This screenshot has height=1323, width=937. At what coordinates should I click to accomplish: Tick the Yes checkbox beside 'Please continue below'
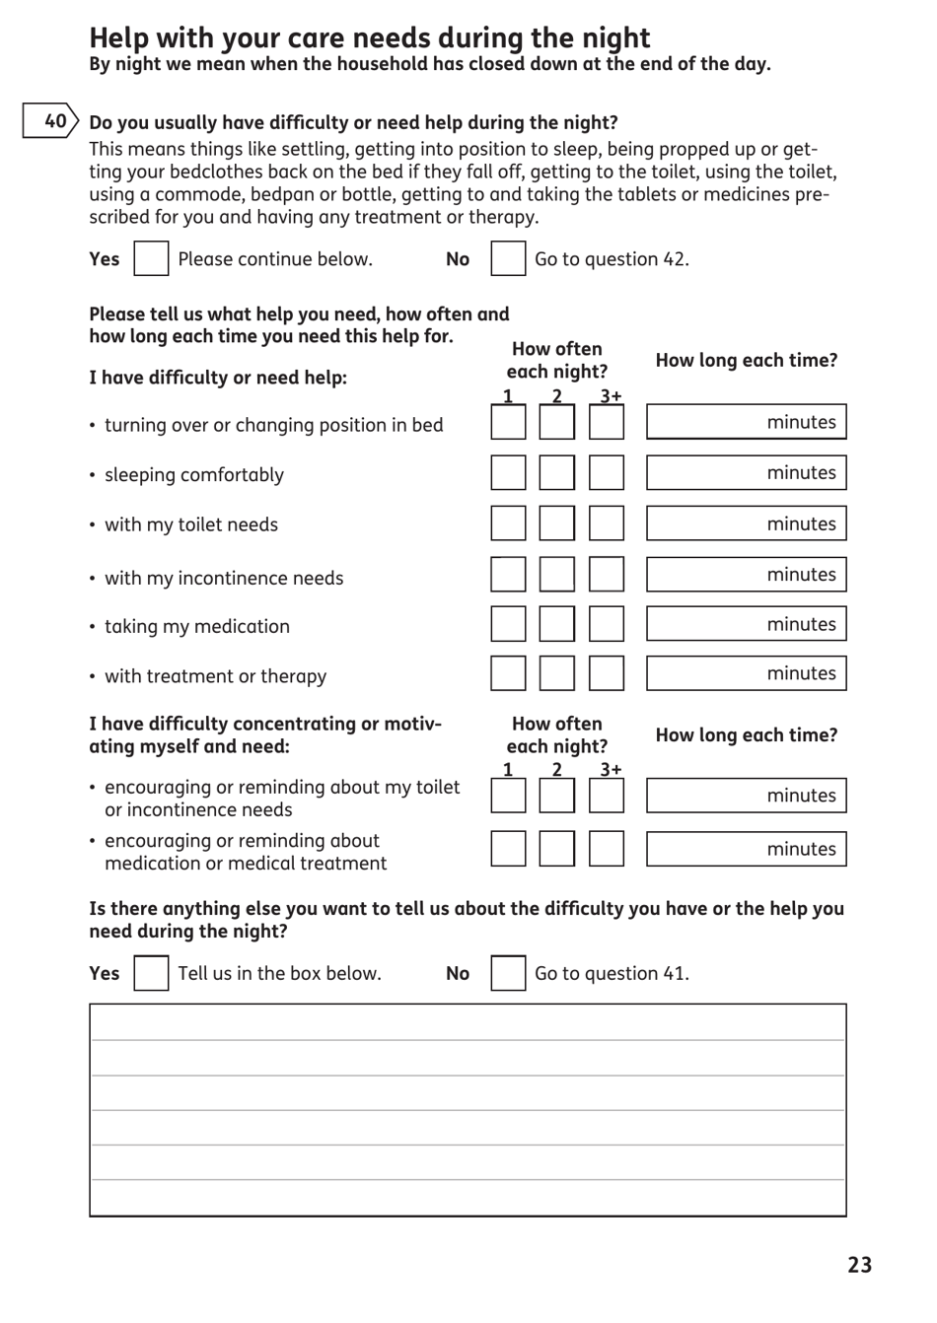point(151,259)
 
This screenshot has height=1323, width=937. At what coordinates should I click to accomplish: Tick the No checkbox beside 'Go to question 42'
point(508,259)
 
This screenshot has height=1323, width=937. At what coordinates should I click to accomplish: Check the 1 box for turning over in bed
point(508,423)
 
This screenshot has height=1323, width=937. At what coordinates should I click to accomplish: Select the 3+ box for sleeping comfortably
point(607,473)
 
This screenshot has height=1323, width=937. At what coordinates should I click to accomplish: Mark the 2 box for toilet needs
point(556,523)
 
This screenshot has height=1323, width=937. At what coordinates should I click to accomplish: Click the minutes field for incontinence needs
point(746,575)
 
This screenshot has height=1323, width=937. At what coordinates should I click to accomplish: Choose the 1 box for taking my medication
point(508,624)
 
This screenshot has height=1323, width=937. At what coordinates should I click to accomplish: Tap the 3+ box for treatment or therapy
point(607,673)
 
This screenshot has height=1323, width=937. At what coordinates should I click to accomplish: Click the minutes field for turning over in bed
point(746,422)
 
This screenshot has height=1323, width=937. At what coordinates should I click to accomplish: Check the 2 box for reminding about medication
point(556,849)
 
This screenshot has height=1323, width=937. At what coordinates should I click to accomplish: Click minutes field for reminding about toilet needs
point(746,796)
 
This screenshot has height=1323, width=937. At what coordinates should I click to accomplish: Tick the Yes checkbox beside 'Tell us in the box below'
point(151,973)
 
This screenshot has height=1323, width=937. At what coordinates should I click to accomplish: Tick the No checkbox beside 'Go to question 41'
point(508,973)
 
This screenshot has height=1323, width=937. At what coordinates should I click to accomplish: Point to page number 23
point(859,1265)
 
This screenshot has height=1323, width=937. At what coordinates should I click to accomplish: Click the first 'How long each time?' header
point(746,361)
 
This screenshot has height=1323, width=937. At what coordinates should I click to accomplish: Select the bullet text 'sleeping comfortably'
point(194,475)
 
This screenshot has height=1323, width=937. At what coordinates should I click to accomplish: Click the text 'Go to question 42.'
point(612,259)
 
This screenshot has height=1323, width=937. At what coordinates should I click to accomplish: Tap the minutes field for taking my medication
point(746,624)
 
